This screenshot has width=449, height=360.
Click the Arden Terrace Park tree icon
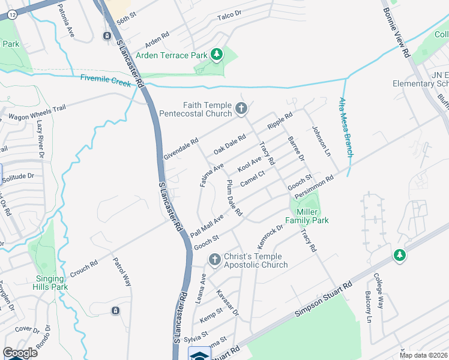tap(217, 56)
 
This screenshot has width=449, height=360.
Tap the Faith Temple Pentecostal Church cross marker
tap(241, 109)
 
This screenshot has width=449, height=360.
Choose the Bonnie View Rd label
tap(396, 34)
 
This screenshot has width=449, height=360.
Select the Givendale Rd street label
tap(181, 150)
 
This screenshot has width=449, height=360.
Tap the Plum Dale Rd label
tap(234, 198)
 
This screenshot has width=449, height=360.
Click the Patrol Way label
tap(122, 272)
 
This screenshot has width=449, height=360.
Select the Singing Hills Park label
tap(50, 283)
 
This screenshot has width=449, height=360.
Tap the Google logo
tap(20, 353)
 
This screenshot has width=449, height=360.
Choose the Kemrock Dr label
tap(270, 237)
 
